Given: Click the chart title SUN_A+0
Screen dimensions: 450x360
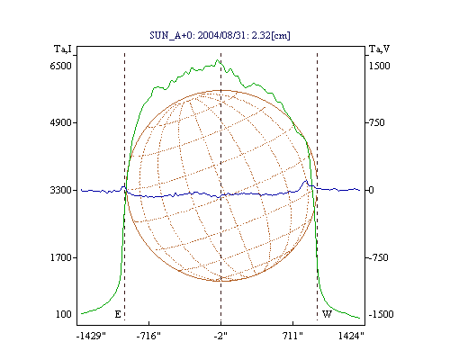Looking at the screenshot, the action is click(x=172, y=35).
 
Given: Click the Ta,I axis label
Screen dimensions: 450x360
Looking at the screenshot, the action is click(x=63, y=49).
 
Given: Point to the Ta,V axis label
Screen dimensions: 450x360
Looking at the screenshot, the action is click(x=379, y=49).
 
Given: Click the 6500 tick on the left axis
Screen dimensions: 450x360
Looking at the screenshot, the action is click(x=61, y=66).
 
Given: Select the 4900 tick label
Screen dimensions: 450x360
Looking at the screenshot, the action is click(x=61, y=122).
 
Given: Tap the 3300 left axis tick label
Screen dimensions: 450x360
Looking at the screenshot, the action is click(x=61, y=190).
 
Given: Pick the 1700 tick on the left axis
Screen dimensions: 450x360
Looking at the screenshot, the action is click(x=61, y=257).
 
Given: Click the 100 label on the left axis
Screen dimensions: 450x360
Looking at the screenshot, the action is click(x=64, y=314).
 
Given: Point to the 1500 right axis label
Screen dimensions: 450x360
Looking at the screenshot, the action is click(x=380, y=66).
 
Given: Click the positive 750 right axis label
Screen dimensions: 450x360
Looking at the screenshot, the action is click(x=376, y=122).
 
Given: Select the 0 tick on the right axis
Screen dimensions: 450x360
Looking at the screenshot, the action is click(x=371, y=190).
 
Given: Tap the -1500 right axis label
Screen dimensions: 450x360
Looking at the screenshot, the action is click(x=381, y=314).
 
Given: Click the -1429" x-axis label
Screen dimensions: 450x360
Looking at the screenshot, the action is click(x=91, y=336).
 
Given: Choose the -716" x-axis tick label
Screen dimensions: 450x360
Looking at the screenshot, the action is click(x=148, y=336).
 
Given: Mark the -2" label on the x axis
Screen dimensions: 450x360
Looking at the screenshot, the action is click(x=220, y=336).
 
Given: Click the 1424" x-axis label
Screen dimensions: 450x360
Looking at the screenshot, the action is click(x=351, y=336).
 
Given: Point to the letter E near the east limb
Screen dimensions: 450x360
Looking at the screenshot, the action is click(x=118, y=314).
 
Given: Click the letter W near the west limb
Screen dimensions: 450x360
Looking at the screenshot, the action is click(x=327, y=314).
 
